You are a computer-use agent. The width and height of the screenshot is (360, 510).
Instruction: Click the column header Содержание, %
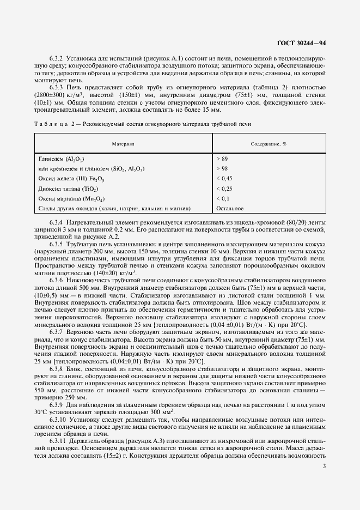269,144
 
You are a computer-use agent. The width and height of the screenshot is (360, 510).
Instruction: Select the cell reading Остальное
229,208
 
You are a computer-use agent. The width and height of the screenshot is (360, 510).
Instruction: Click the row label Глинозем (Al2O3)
60,159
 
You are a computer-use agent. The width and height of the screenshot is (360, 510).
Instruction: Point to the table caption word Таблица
49,124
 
